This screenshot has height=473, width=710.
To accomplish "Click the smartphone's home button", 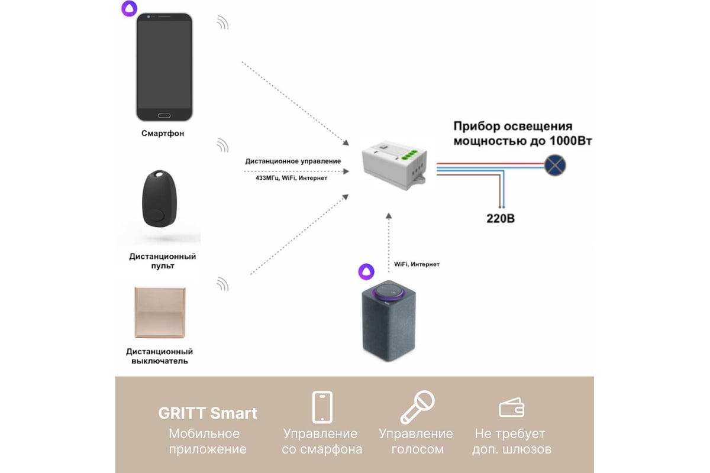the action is (x=164, y=116).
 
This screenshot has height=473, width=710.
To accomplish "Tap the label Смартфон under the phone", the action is (x=163, y=134).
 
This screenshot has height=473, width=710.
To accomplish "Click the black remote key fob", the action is (x=159, y=199).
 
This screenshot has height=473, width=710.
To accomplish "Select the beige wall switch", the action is (x=160, y=312).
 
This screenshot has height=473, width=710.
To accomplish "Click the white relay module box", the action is (x=395, y=166).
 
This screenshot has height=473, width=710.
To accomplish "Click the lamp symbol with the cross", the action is (x=555, y=165).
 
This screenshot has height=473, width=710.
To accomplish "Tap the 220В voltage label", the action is (x=501, y=218).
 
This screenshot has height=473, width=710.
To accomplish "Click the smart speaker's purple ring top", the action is (x=389, y=292).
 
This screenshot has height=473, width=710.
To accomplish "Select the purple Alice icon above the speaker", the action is (x=366, y=271).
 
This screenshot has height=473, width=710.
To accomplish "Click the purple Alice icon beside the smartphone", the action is (x=130, y=8).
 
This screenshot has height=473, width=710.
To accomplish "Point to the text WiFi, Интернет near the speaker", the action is (x=417, y=264).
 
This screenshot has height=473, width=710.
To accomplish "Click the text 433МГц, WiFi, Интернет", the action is (x=291, y=178).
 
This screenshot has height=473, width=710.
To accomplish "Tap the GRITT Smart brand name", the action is (x=208, y=413).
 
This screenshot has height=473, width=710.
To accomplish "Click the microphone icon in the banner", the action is (x=418, y=407).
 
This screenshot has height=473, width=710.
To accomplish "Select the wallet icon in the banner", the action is (x=512, y=408).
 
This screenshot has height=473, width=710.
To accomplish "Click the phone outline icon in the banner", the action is (x=322, y=407).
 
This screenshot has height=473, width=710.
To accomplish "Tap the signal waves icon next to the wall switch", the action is (x=223, y=284).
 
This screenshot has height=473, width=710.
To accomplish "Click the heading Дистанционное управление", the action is (x=293, y=161).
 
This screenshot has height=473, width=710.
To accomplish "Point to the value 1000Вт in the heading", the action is (x=570, y=141).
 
